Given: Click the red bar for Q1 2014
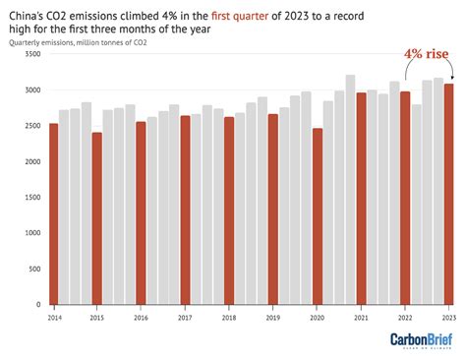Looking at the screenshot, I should pyautogui.click(x=52, y=214).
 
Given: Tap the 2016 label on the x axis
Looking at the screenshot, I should pyautogui.click(x=141, y=319).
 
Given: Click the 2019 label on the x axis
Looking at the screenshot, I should pyautogui.click(x=272, y=319).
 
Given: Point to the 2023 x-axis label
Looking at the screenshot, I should pyautogui.click(x=448, y=319).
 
